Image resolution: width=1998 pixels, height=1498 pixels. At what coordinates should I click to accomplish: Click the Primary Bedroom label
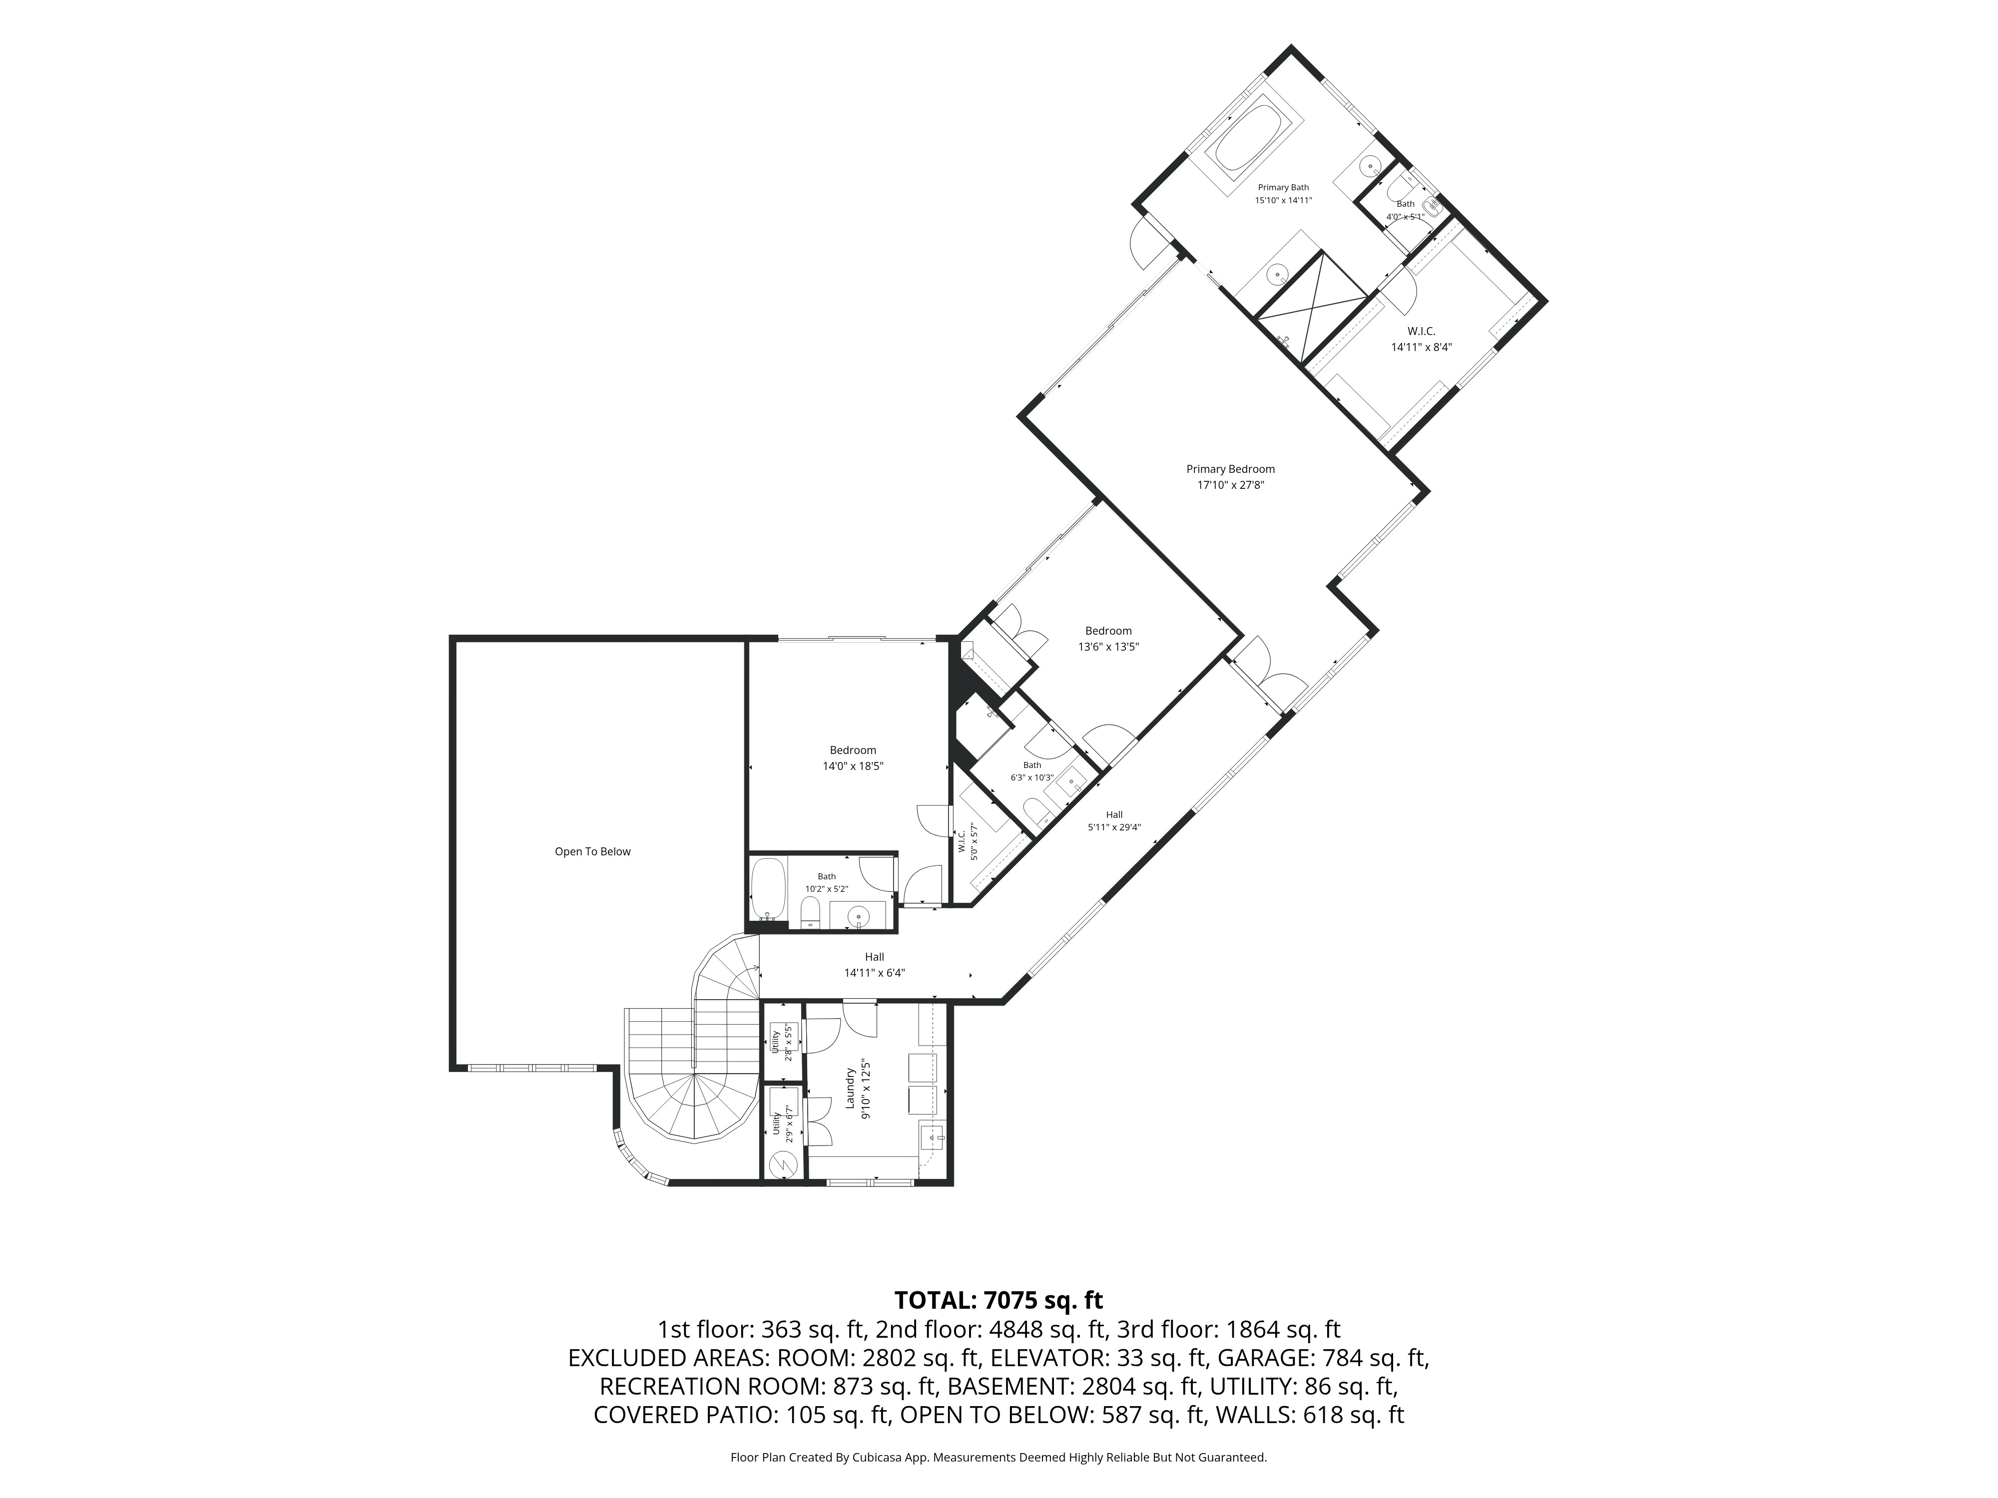tap(1230, 469)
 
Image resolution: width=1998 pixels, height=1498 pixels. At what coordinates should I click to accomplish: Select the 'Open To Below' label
tap(592, 851)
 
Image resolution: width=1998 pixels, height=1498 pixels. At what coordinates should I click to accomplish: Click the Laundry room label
tap(850, 1095)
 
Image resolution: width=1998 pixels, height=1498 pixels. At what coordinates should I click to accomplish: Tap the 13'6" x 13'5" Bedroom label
tap(1108, 638)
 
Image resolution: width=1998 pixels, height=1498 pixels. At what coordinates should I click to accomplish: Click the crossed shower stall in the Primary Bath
tap(1312, 309)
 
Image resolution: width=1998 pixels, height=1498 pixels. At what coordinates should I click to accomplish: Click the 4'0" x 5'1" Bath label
tap(1406, 210)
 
